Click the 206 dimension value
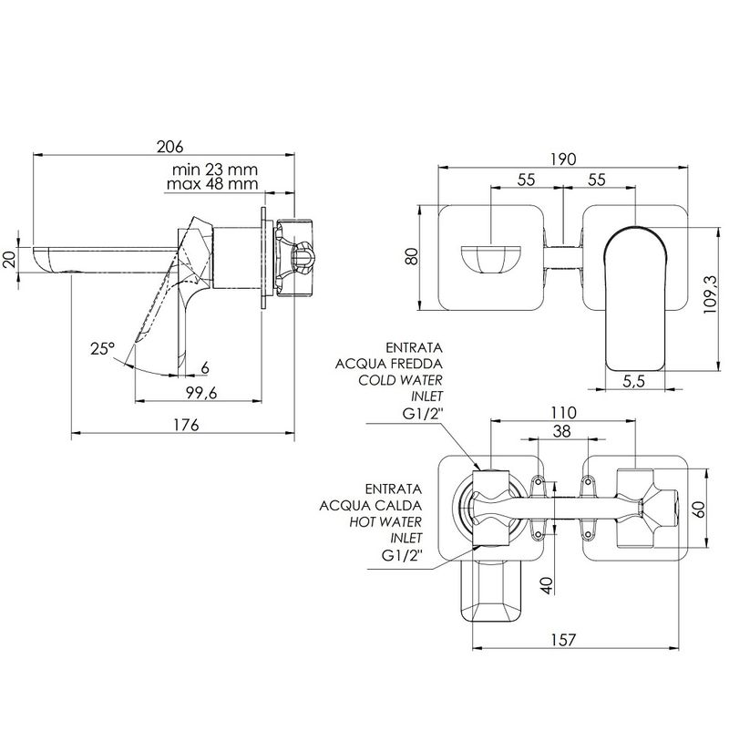click(x=170, y=147)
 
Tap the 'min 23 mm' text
click(x=215, y=169)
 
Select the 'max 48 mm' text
click(x=212, y=184)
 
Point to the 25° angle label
click(x=103, y=348)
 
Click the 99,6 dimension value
click(x=201, y=393)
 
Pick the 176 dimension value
click(x=186, y=425)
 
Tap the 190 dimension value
click(x=563, y=160)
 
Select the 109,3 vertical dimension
click(x=711, y=294)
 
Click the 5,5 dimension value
click(x=634, y=381)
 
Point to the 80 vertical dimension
click(x=412, y=257)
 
